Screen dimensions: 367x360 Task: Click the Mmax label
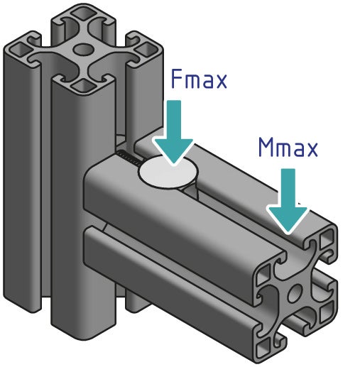click(288, 148)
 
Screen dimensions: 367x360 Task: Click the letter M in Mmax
click(267, 148)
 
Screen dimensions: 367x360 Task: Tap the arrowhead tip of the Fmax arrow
click(173, 163)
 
